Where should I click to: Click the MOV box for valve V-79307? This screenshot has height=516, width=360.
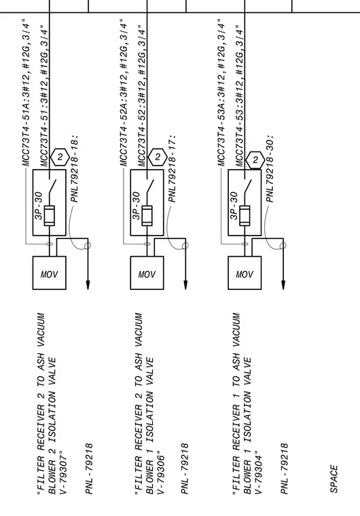click(x=49, y=273)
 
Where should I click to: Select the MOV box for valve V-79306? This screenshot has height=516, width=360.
click(x=147, y=273)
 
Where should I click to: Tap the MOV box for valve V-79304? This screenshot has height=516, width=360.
click(x=245, y=273)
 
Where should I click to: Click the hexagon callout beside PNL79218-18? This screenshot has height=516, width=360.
click(x=60, y=157)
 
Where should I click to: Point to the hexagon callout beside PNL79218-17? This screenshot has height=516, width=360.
click(x=158, y=157)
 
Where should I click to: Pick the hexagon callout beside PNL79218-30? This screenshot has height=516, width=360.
click(x=255, y=160)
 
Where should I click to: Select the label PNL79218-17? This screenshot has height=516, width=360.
click(x=172, y=168)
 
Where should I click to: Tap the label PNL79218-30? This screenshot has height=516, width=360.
click(x=270, y=168)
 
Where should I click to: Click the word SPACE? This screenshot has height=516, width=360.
click(x=334, y=479)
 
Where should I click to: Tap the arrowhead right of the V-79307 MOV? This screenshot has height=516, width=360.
click(x=88, y=285)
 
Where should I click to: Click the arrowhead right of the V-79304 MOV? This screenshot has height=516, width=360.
click(x=283, y=285)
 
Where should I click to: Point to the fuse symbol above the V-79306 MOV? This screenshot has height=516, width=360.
click(x=147, y=215)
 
